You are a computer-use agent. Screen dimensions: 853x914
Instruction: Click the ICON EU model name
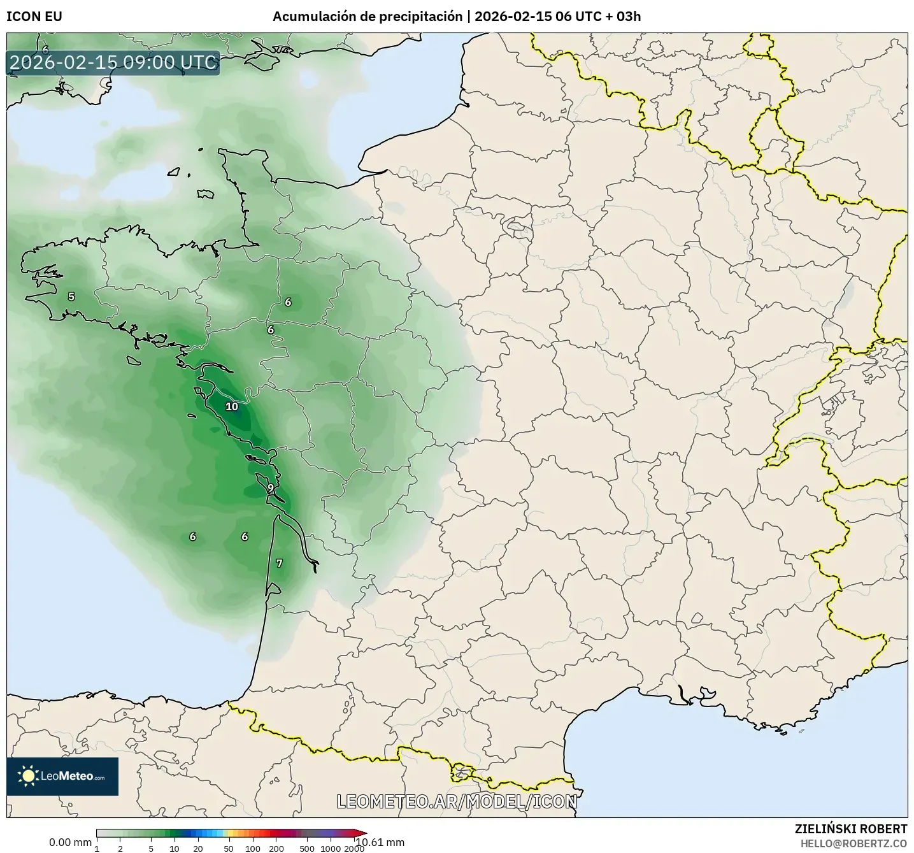(x=34, y=17)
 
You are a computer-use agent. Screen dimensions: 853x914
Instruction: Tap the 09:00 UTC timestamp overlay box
(x=113, y=63)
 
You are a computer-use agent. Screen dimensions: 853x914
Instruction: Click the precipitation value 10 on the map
(x=232, y=406)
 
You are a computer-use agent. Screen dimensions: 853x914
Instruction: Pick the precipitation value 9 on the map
(x=271, y=488)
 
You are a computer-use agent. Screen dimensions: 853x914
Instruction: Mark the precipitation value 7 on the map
(x=279, y=563)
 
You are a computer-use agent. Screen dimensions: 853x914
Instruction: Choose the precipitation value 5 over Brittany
(x=71, y=296)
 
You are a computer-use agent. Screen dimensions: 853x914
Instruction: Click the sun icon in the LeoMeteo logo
(x=28, y=776)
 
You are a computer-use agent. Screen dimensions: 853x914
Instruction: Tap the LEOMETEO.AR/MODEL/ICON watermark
(x=457, y=801)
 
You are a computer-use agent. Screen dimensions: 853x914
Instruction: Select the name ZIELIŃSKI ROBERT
(x=851, y=829)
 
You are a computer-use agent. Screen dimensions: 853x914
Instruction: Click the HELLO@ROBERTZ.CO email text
(x=853, y=843)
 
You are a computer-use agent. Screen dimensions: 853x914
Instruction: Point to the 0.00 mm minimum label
(x=70, y=842)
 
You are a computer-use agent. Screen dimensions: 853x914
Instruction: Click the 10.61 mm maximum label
(x=381, y=842)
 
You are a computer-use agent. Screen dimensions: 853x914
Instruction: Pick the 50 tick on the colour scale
(x=229, y=848)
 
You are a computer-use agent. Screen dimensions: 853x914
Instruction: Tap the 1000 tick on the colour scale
(x=330, y=848)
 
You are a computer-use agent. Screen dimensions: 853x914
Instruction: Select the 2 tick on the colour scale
(x=120, y=848)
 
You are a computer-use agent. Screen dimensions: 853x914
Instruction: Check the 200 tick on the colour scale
(x=276, y=848)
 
